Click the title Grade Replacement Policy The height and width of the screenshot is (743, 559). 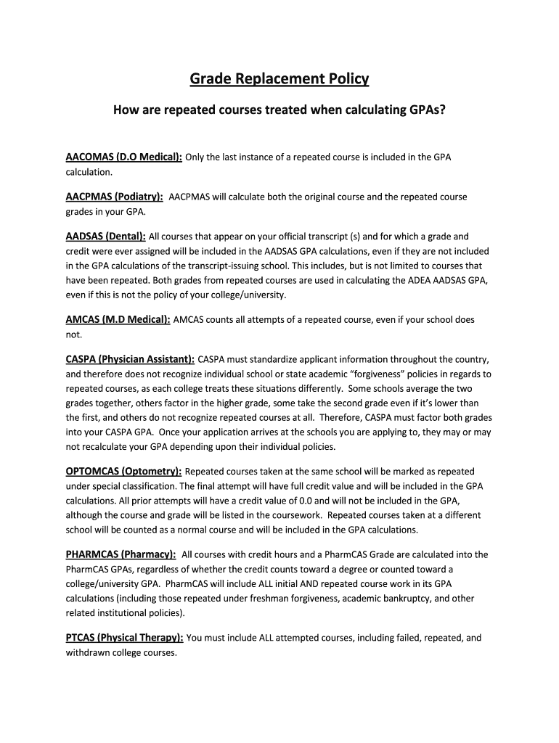[x=279, y=78]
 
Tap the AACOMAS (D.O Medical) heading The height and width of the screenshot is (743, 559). [x=123, y=157]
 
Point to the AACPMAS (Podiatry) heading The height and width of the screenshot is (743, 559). [x=115, y=197]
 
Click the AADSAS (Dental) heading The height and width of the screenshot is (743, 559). [x=106, y=236]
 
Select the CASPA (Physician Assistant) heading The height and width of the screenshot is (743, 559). [x=130, y=359]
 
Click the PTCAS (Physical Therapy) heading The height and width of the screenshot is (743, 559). [x=124, y=638]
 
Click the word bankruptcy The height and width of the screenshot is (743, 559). [x=397, y=599]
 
